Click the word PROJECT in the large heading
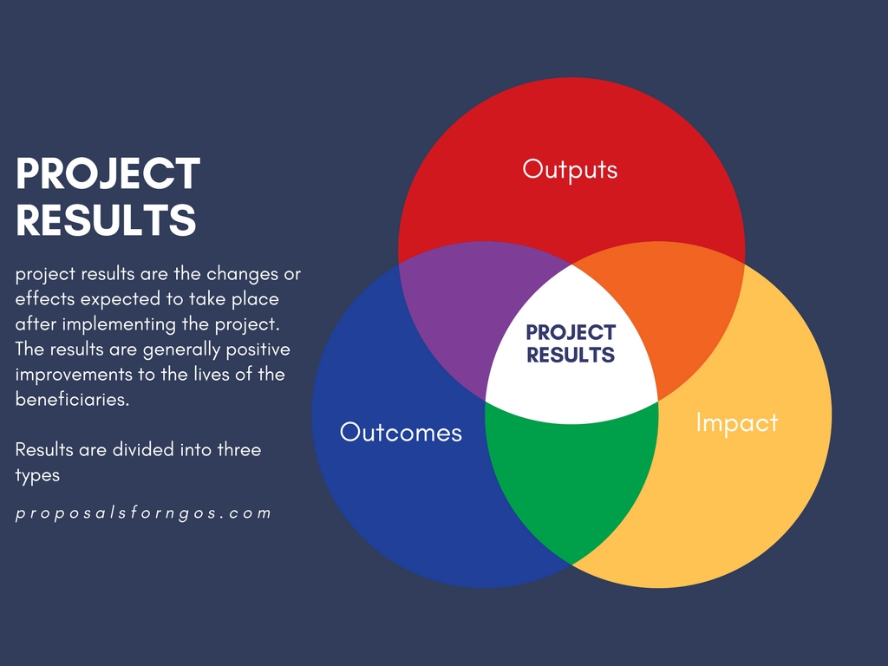coord(108,174)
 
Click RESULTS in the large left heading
coord(106,220)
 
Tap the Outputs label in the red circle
coord(570,168)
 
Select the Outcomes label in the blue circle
coord(401,432)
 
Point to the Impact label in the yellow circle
coord(737,422)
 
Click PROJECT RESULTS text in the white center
coord(570,343)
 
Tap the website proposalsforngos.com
coord(144,513)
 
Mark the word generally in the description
coord(186,349)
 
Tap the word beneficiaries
coord(73,400)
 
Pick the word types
coord(37,475)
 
